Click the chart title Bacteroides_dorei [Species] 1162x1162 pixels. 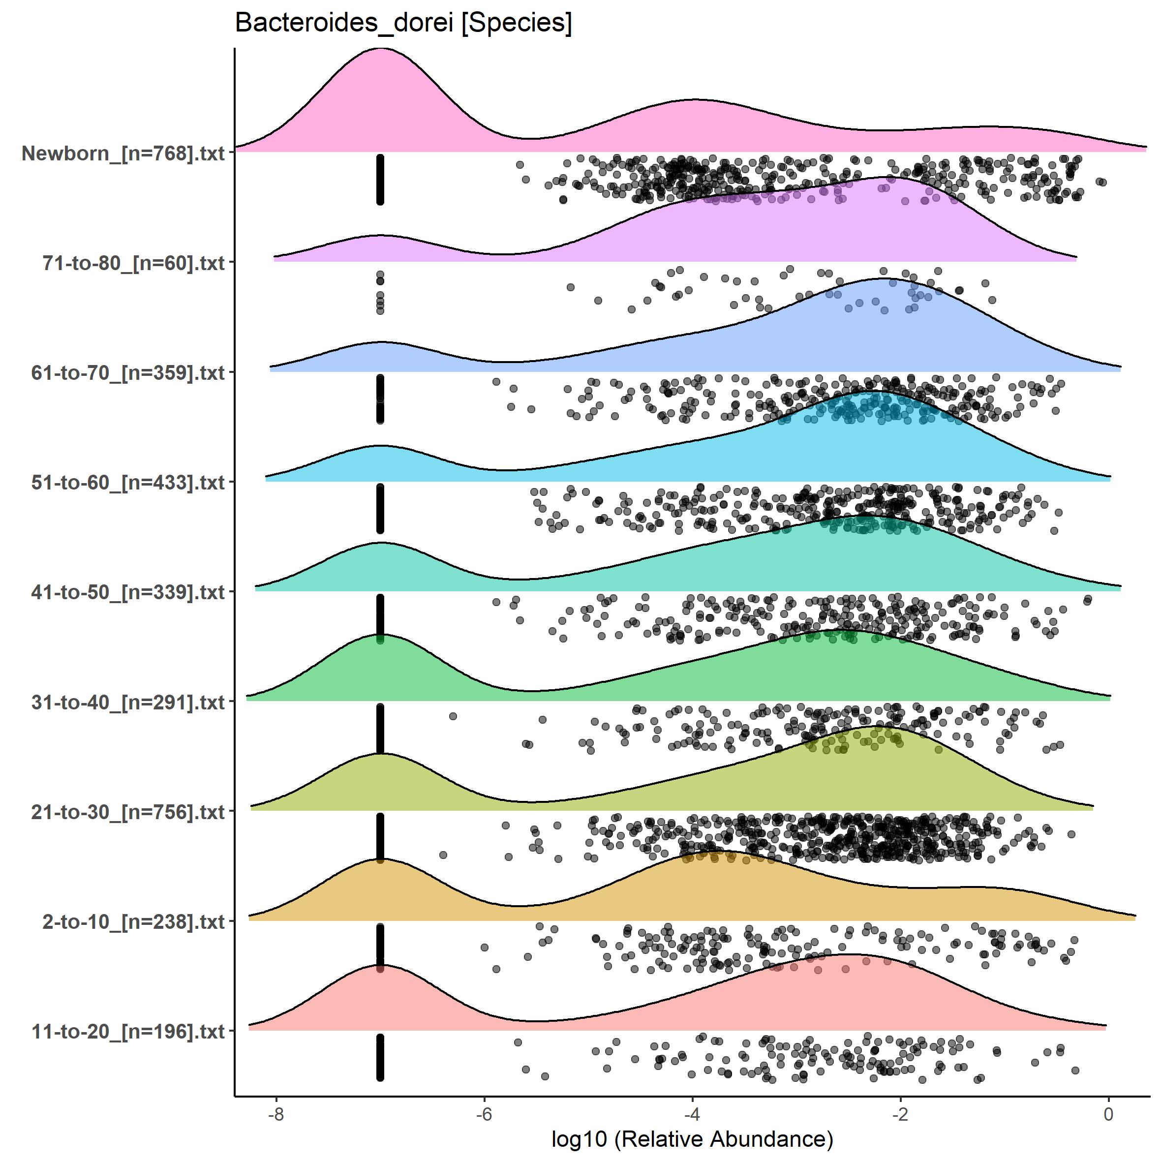(403, 23)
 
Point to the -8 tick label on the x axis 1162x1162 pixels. (276, 1114)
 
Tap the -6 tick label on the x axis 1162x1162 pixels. (484, 1114)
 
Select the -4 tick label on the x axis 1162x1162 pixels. (692, 1114)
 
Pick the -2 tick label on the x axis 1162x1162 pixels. (900, 1114)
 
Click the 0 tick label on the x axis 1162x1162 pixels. (1108, 1114)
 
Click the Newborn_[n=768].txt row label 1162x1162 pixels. (123, 153)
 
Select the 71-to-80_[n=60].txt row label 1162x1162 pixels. (133, 263)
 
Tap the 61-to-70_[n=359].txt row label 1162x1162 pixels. (128, 373)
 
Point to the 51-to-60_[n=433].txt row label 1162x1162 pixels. (128, 482)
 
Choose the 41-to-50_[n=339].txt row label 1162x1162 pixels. (128, 592)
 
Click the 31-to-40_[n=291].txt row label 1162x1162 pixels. (128, 702)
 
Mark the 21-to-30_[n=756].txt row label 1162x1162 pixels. (128, 812)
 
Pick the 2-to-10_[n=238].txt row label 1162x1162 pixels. (133, 921)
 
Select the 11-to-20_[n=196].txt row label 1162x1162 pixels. (128, 1032)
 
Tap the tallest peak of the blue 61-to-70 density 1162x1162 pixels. (884, 280)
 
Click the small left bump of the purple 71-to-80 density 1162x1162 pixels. (379, 236)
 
